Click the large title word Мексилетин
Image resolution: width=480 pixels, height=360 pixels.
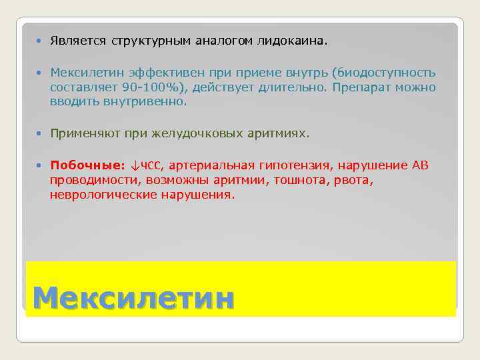click(133, 297)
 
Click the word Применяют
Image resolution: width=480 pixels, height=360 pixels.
click(83, 134)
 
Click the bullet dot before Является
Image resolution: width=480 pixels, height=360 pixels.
click(40, 41)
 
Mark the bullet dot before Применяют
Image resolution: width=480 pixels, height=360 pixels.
click(40, 134)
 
